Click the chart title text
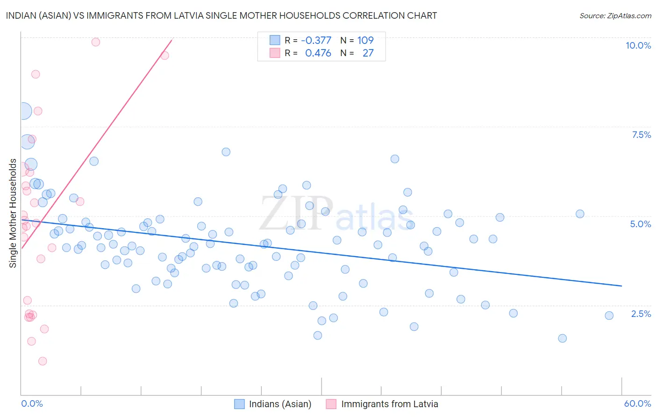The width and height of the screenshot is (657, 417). point(221,15)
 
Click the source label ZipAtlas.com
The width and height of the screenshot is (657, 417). point(615,16)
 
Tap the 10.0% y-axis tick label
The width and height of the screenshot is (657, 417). point(638,45)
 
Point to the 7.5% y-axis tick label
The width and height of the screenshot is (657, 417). point(641,135)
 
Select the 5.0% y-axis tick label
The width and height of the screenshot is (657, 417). point(640,224)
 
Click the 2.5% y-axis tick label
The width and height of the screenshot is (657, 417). point(641,314)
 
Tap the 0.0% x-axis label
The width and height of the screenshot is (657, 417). point(32,403)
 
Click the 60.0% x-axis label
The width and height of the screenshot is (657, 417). point(637,403)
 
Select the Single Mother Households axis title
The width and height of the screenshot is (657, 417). point(13,213)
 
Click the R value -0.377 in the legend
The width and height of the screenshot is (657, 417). point(316,40)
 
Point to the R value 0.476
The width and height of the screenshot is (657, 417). point(318,53)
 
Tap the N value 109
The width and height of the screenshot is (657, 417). point(365,40)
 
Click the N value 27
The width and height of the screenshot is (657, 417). point(368,53)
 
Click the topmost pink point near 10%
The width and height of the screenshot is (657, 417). point(96,42)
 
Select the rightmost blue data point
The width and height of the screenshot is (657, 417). point(609,316)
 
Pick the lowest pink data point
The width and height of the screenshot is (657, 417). point(43,361)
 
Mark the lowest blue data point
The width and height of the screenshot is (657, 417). point(562,338)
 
